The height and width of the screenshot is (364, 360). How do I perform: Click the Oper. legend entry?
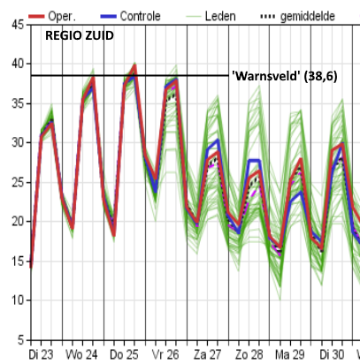52,16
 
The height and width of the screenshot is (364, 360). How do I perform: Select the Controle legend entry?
130,16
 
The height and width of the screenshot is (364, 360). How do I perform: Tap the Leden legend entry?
211,16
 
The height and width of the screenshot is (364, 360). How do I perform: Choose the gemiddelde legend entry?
298,16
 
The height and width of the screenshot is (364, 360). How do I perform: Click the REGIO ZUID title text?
80,35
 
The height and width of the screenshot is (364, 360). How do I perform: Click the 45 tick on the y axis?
18,25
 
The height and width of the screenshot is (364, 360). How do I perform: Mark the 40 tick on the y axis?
18,64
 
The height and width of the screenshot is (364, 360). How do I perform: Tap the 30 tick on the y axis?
18,143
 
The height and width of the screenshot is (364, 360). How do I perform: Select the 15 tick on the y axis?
18,261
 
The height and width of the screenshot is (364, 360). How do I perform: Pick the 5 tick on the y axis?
20,340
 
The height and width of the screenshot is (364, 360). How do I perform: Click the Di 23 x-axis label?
41,354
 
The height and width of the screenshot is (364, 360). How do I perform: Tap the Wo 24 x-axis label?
81,354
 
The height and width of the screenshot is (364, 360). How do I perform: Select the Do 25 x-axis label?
124,354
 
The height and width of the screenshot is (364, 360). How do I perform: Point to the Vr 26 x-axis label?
165,354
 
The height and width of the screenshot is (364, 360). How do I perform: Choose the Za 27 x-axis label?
207,354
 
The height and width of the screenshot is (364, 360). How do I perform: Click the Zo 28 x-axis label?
249,354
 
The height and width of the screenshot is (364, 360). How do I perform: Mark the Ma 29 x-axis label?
289,354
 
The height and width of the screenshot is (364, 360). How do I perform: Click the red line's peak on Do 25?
134,66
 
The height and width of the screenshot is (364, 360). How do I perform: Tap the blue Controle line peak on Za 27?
218,140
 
